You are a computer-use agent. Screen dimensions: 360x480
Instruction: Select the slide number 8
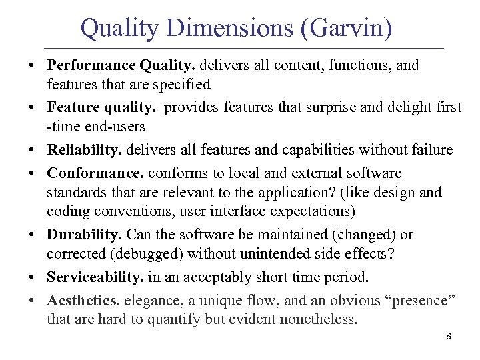coord(449,337)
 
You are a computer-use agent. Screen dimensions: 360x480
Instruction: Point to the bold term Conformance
coord(95,173)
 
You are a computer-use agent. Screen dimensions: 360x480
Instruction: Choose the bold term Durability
coord(85,235)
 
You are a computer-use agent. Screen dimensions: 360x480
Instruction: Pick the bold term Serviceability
coord(95,277)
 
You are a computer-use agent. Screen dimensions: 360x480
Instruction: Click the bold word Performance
coord(87,65)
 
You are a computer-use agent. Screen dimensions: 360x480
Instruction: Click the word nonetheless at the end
coord(319,319)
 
